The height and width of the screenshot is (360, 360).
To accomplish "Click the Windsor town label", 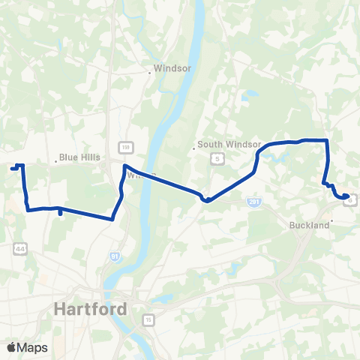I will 173,68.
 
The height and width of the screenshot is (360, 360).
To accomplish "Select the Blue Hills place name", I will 79,158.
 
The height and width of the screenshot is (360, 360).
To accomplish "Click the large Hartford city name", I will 90,308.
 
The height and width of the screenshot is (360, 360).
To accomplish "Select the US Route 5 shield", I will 217,159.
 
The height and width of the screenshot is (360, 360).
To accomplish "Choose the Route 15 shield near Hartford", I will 149,320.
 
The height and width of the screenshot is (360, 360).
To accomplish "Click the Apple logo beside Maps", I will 11,347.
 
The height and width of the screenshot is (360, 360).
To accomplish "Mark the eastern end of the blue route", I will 346,197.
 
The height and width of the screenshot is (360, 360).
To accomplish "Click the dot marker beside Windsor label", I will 149,73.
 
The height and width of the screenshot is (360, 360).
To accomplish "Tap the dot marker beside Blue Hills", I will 55,158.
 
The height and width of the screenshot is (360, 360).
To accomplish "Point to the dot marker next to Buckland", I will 331,221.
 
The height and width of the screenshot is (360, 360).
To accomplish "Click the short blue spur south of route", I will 60,214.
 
